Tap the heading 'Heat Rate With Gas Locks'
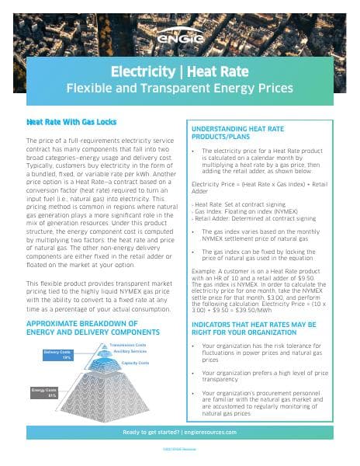coord(65,122)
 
